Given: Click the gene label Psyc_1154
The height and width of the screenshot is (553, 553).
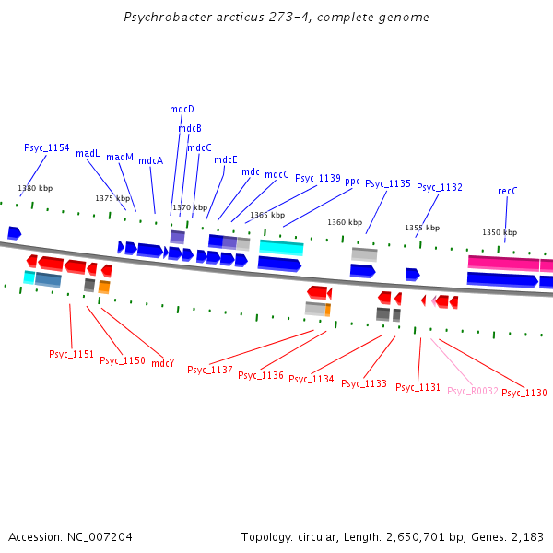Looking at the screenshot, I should [46, 147].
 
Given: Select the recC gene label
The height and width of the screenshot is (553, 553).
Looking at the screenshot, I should [507, 191].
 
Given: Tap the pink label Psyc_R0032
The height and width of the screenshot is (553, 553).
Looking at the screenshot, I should [472, 391].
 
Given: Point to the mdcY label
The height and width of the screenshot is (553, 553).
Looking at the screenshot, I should [162, 363].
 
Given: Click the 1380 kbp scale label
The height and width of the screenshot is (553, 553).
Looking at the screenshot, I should [35, 188].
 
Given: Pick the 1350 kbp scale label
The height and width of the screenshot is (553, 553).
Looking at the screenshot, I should [500, 232].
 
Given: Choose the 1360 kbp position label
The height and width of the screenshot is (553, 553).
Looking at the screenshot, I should [345, 222].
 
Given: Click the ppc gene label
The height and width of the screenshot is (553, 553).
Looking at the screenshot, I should [352, 181].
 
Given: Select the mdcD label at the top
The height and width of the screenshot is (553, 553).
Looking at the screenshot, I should [182, 109].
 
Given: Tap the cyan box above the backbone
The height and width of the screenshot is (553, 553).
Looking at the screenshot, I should [281, 247].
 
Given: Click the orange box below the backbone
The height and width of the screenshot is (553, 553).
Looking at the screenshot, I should [104, 288].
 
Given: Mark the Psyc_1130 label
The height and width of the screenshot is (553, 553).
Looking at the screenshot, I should [524, 393].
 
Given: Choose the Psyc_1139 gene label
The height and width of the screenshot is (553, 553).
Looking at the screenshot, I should [317, 178].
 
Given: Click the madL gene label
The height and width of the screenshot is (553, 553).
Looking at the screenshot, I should [88, 153].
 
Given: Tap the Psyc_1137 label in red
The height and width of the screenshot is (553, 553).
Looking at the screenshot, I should [209, 370].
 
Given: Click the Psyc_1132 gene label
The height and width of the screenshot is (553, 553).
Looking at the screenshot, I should [439, 187].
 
